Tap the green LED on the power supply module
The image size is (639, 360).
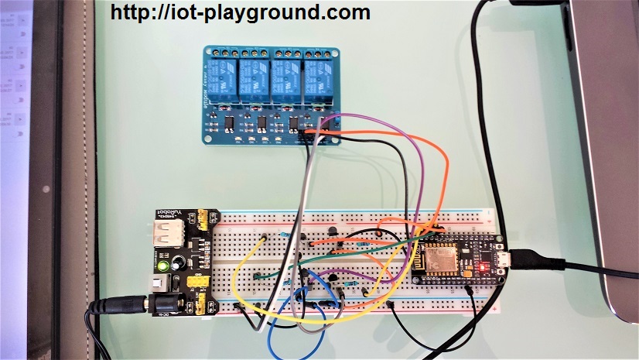click(x=165, y=267)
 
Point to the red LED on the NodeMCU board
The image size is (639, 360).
click(x=481, y=268)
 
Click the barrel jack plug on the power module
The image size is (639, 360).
click(x=116, y=307)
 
